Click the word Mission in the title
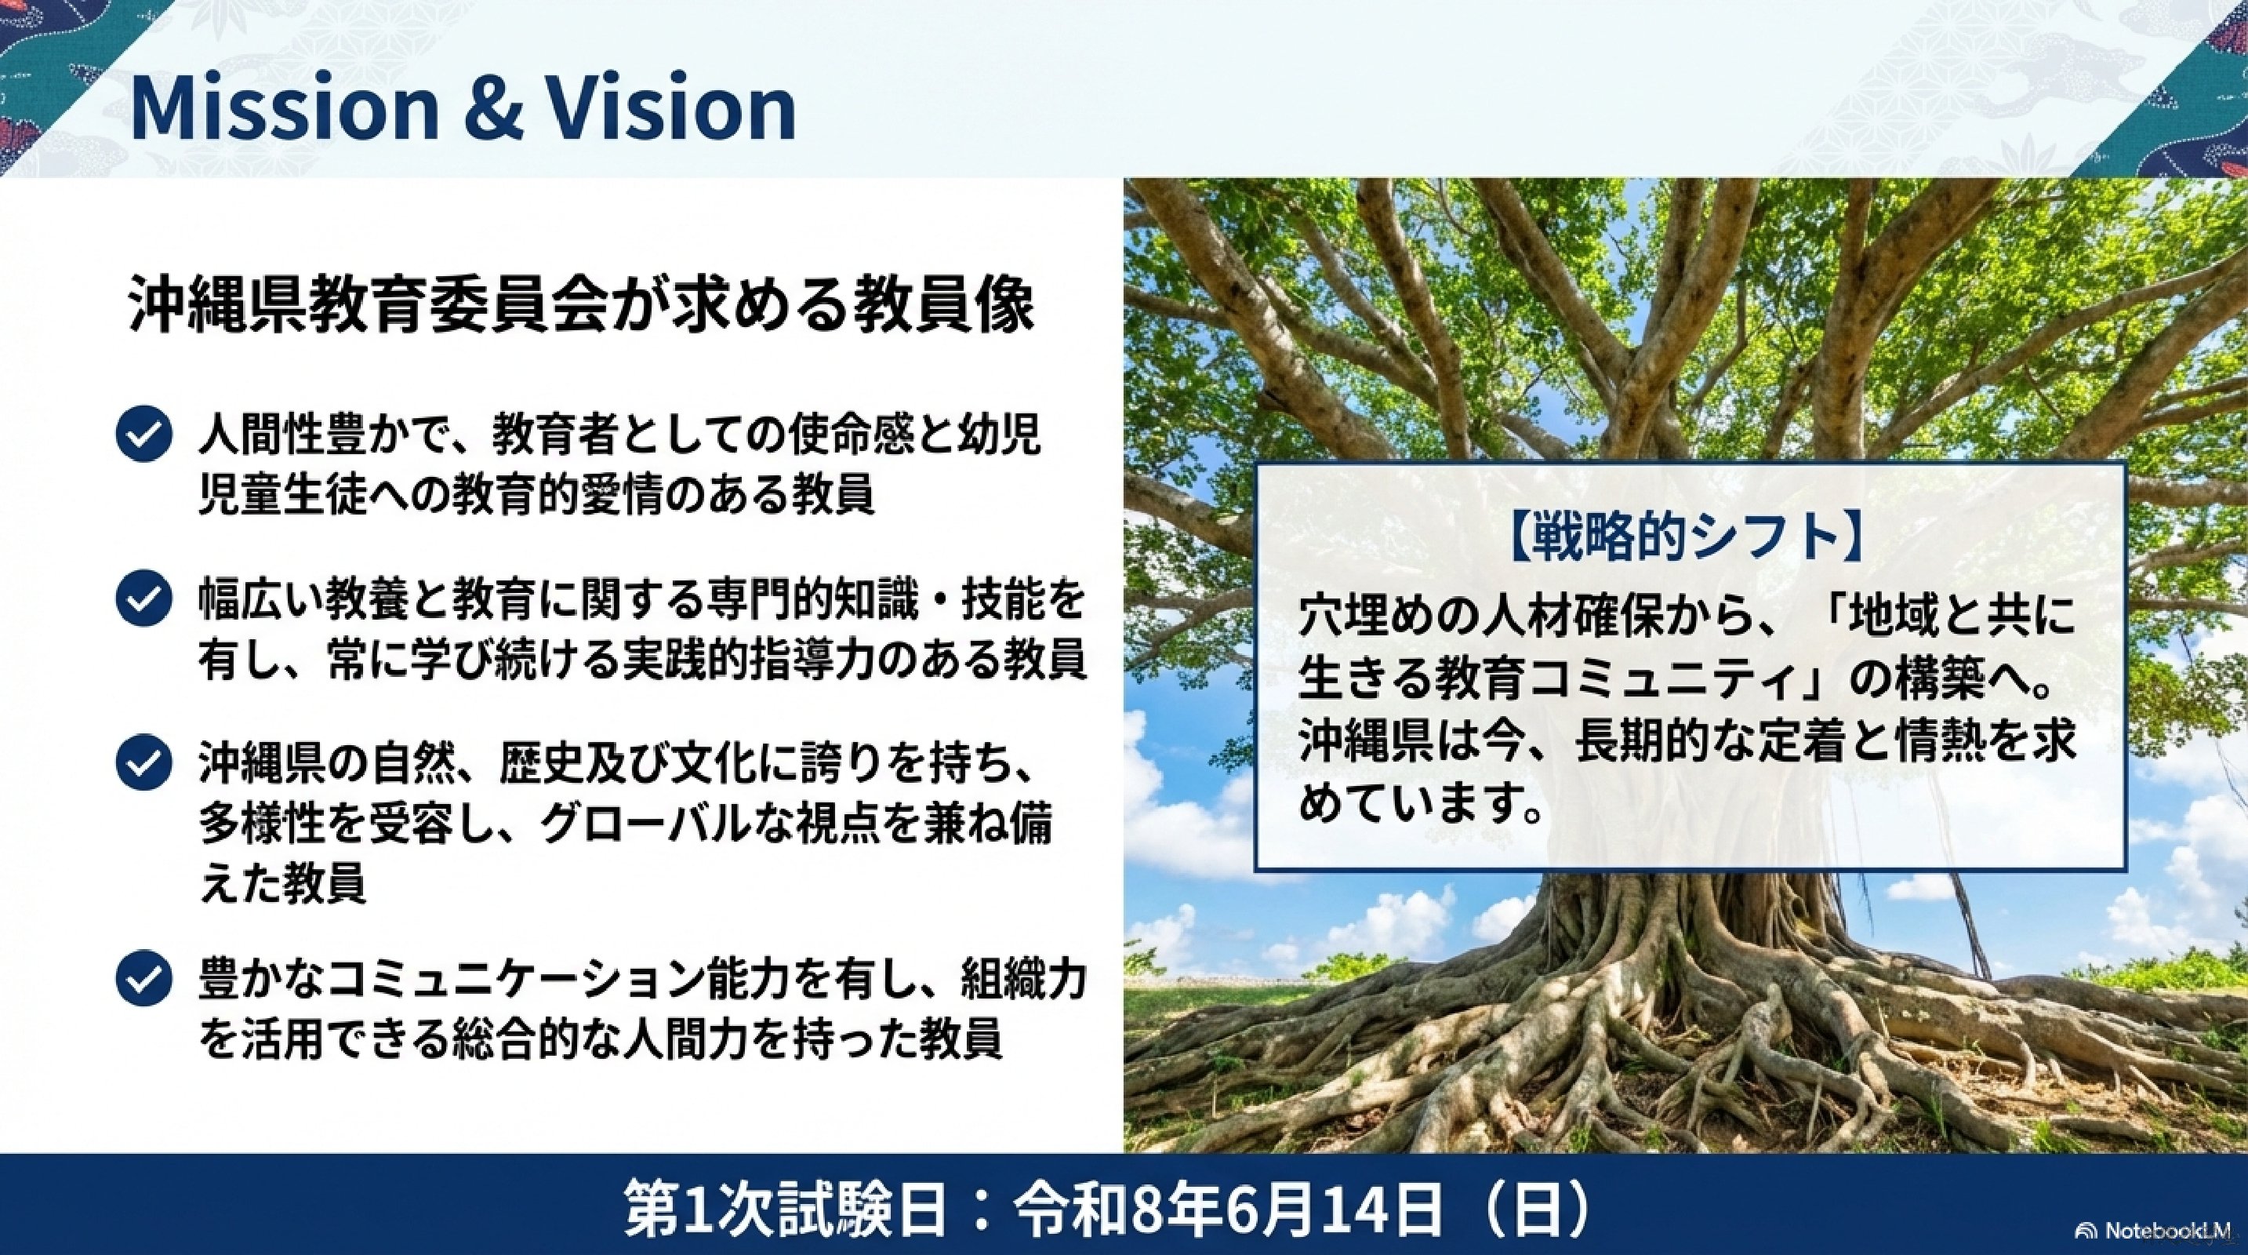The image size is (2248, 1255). tap(284, 108)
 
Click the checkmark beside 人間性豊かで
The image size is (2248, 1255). tap(143, 435)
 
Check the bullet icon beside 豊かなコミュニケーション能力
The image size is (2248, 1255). tap(143, 979)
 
